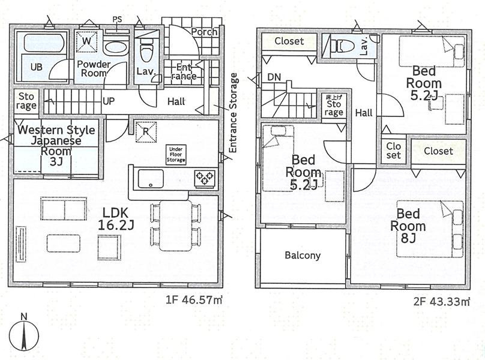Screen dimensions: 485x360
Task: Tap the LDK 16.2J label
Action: pyautogui.click(x=116, y=219)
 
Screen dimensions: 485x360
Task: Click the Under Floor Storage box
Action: pyautogui.click(x=176, y=155)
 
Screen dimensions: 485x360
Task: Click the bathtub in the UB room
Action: pyautogui.click(x=44, y=43)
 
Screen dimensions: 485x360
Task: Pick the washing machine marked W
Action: pyautogui.click(x=87, y=41)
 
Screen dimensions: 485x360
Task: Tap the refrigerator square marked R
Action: pyautogui.click(x=146, y=132)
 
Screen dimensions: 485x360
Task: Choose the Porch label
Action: pyautogui.click(x=204, y=32)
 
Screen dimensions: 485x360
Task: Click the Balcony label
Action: pyautogui.click(x=303, y=256)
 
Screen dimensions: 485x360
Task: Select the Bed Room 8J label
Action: pyautogui.click(x=408, y=226)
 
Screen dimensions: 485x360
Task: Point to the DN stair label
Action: pyautogui.click(x=274, y=77)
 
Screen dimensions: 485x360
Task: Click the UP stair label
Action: pyautogui.click(x=108, y=101)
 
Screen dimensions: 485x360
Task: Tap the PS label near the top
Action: pyautogui.click(x=117, y=19)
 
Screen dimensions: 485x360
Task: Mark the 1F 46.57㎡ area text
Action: pyautogui.click(x=194, y=299)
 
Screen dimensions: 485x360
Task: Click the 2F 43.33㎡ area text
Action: pyautogui.click(x=442, y=302)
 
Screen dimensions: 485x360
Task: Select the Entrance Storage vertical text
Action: pyautogui.click(x=233, y=113)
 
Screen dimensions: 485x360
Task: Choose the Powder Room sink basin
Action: pyautogui.click(x=115, y=48)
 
